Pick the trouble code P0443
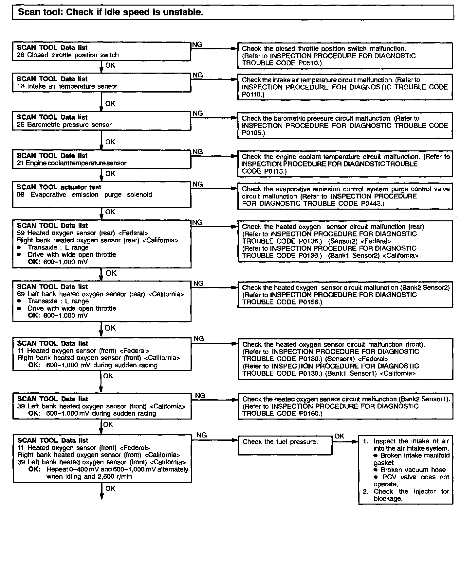coord(372,203)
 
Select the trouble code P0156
coord(309,302)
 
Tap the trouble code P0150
coord(310,413)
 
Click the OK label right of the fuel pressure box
coord(339,436)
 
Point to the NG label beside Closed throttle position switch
coord(197,44)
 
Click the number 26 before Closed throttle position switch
coord(20,55)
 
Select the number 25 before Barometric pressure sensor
coord(20,125)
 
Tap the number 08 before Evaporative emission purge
coord(21,195)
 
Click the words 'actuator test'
coord(81,187)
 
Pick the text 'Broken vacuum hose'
coord(413,470)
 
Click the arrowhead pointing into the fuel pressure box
coord(234,440)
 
